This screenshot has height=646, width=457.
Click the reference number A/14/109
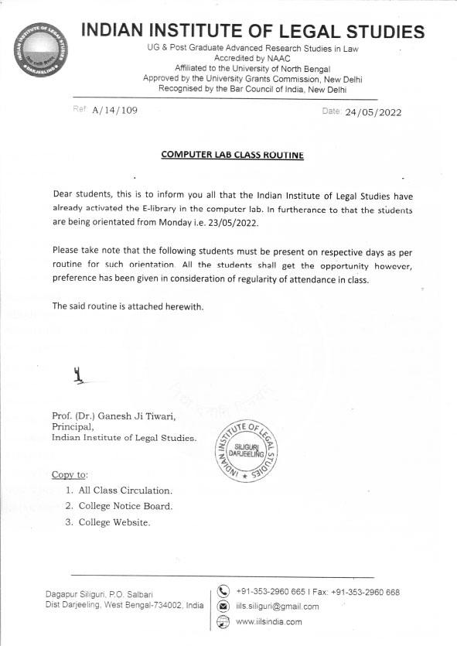(x=114, y=111)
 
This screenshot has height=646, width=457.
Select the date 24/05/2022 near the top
(x=373, y=112)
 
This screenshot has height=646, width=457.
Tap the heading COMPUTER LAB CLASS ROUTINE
(x=232, y=155)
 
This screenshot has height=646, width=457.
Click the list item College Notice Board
(x=126, y=506)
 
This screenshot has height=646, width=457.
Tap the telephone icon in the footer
(x=224, y=593)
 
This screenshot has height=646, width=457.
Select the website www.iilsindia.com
(x=268, y=622)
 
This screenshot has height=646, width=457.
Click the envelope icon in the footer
(x=224, y=607)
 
